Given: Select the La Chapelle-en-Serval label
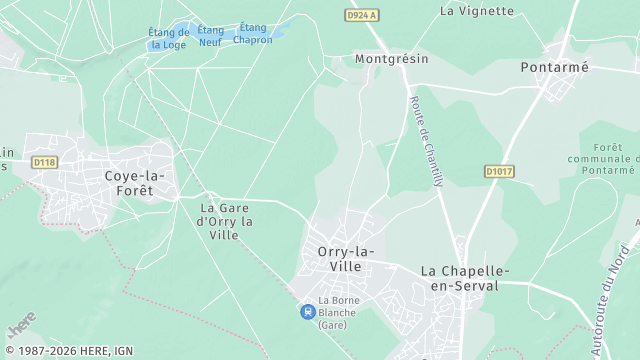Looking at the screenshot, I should pyautogui.click(x=465, y=279).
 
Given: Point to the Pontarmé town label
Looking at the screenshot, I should pyautogui.click(x=555, y=67).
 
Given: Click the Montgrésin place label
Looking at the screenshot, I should pyautogui.click(x=391, y=59).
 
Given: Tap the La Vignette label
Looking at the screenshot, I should pyautogui.click(x=477, y=11).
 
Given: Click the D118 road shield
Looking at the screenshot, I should pyautogui.click(x=44, y=162).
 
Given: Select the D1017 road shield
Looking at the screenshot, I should pyautogui.click(x=499, y=172).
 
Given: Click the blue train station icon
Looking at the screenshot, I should pyautogui.click(x=306, y=312).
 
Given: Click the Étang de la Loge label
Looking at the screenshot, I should pyautogui.click(x=169, y=38).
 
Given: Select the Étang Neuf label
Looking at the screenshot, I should pyautogui.click(x=210, y=36).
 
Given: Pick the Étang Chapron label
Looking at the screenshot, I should pyautogui.click(x=253, y=33).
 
